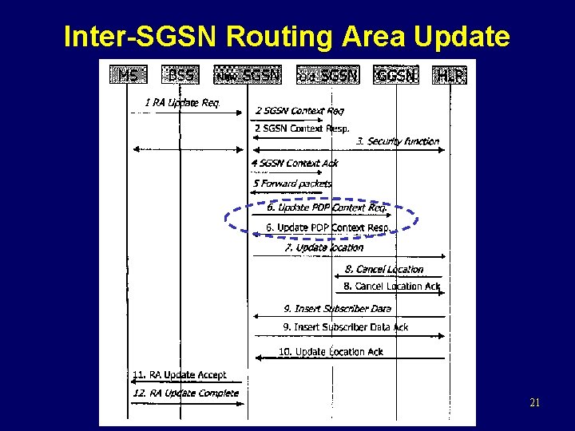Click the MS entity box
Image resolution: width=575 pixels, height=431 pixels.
(129, 76)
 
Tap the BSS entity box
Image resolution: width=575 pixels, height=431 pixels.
(180, 76)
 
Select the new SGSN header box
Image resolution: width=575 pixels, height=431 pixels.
(248, 76)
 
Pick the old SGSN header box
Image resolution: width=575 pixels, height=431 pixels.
(327, 76)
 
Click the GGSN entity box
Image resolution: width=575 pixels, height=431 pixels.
(396, 76)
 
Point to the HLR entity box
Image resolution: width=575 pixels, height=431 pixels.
(449, 76)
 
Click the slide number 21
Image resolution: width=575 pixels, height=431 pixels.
(534, 403)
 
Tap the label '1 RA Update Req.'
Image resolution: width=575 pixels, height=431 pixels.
(182, 102)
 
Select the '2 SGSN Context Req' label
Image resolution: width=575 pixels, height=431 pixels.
(299, 110)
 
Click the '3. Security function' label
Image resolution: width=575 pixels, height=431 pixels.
(398, 141)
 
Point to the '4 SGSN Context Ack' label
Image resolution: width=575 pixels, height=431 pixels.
(295, 163)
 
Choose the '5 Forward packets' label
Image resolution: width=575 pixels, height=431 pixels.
(292, 184)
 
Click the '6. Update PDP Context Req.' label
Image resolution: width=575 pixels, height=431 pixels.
(327, 208)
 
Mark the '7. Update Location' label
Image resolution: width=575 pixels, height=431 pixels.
(323, 247)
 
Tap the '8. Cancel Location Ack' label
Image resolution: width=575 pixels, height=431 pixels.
(391, 286)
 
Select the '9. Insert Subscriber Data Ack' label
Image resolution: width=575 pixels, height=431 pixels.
(346, 327)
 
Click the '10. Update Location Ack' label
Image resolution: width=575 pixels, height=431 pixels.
(331, 351)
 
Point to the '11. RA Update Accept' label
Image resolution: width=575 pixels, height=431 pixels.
(180, 374)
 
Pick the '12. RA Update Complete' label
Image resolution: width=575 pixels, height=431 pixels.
(185, 393)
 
